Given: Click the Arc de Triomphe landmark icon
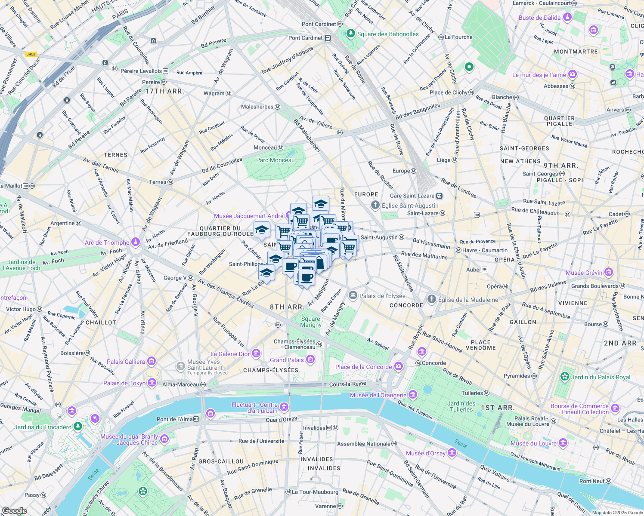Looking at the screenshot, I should (x=136, y=242).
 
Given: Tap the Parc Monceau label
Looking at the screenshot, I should (x=275, y=160).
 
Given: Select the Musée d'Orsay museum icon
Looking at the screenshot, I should (x=452, y=453).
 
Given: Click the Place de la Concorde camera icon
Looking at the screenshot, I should (x=399, y=366).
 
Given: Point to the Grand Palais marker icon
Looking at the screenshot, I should (x=310, y=359).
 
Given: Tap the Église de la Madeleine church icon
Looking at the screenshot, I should (x=432, y=299).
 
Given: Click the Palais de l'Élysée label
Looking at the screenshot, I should (x=382, y=296).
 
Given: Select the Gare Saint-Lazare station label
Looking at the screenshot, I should (x=412, y=196).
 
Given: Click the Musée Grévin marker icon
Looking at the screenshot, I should (x=608, y=272).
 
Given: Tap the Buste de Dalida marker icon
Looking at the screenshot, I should (x=567, y=17).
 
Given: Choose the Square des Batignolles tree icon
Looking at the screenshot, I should (x=351, y=34).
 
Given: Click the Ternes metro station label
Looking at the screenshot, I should (x=158, y=182).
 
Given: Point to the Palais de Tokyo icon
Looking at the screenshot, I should (x=152, y=383).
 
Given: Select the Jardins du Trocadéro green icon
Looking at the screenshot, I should (x=78, y=426).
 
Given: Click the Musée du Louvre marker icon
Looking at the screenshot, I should (x=563, y=443).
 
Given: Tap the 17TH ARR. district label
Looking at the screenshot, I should (x=164, y=92).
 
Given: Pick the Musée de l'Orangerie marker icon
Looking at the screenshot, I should (x=413, y=395).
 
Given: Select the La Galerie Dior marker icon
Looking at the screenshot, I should (x=256, y=353).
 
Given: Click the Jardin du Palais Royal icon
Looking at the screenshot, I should (x=565, y=377).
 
